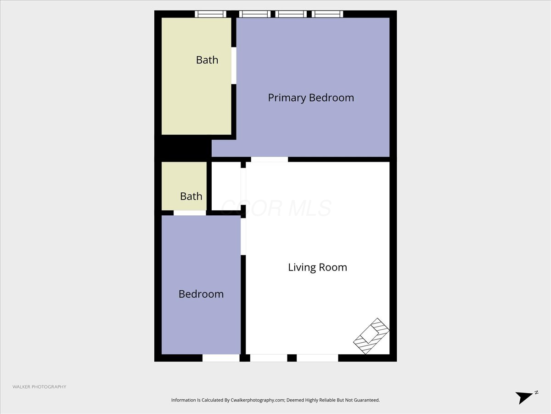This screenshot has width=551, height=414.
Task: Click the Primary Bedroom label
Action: pyautogui.click(x=311, y=98)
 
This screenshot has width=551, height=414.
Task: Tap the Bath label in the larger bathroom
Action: pyautogui.click(x=207, y=60)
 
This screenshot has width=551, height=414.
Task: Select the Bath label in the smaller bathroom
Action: pyautogui.click(x=191, y=196)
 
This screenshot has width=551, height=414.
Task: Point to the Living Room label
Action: pyautogui.click(x=317, y=267)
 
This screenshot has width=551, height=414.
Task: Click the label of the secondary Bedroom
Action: pyautogui.click(x=201, y=294)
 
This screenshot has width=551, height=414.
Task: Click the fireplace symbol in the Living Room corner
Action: pyautogui.click(x=371, y=336)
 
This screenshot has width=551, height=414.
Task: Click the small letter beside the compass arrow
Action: pyautogui.click(x=536, y=392)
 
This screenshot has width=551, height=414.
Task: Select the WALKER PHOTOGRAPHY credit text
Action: pyautogui.click(x=39, y=387)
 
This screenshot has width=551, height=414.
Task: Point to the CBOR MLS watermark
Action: pyautogui.click(x=275, y=208)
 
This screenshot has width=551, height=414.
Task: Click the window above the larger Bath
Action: pyautogui.click(x=210, y=14)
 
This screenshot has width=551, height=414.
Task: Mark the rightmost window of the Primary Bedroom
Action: pyautogui.click(x=327, y=14)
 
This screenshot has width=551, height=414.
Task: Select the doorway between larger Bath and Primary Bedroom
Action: pyautogui.click(x=234, y=65)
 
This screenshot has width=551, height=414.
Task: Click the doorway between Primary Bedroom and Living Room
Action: pyautogui.click(x=270, y=159)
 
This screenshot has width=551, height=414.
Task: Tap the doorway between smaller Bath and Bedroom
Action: pyautogui.click(x=190, y=213)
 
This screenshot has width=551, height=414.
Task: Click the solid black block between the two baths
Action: pyautogui.click(x=182, y=148)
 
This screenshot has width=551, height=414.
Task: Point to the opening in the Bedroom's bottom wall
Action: pyautogui.click(x=221, y=358)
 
